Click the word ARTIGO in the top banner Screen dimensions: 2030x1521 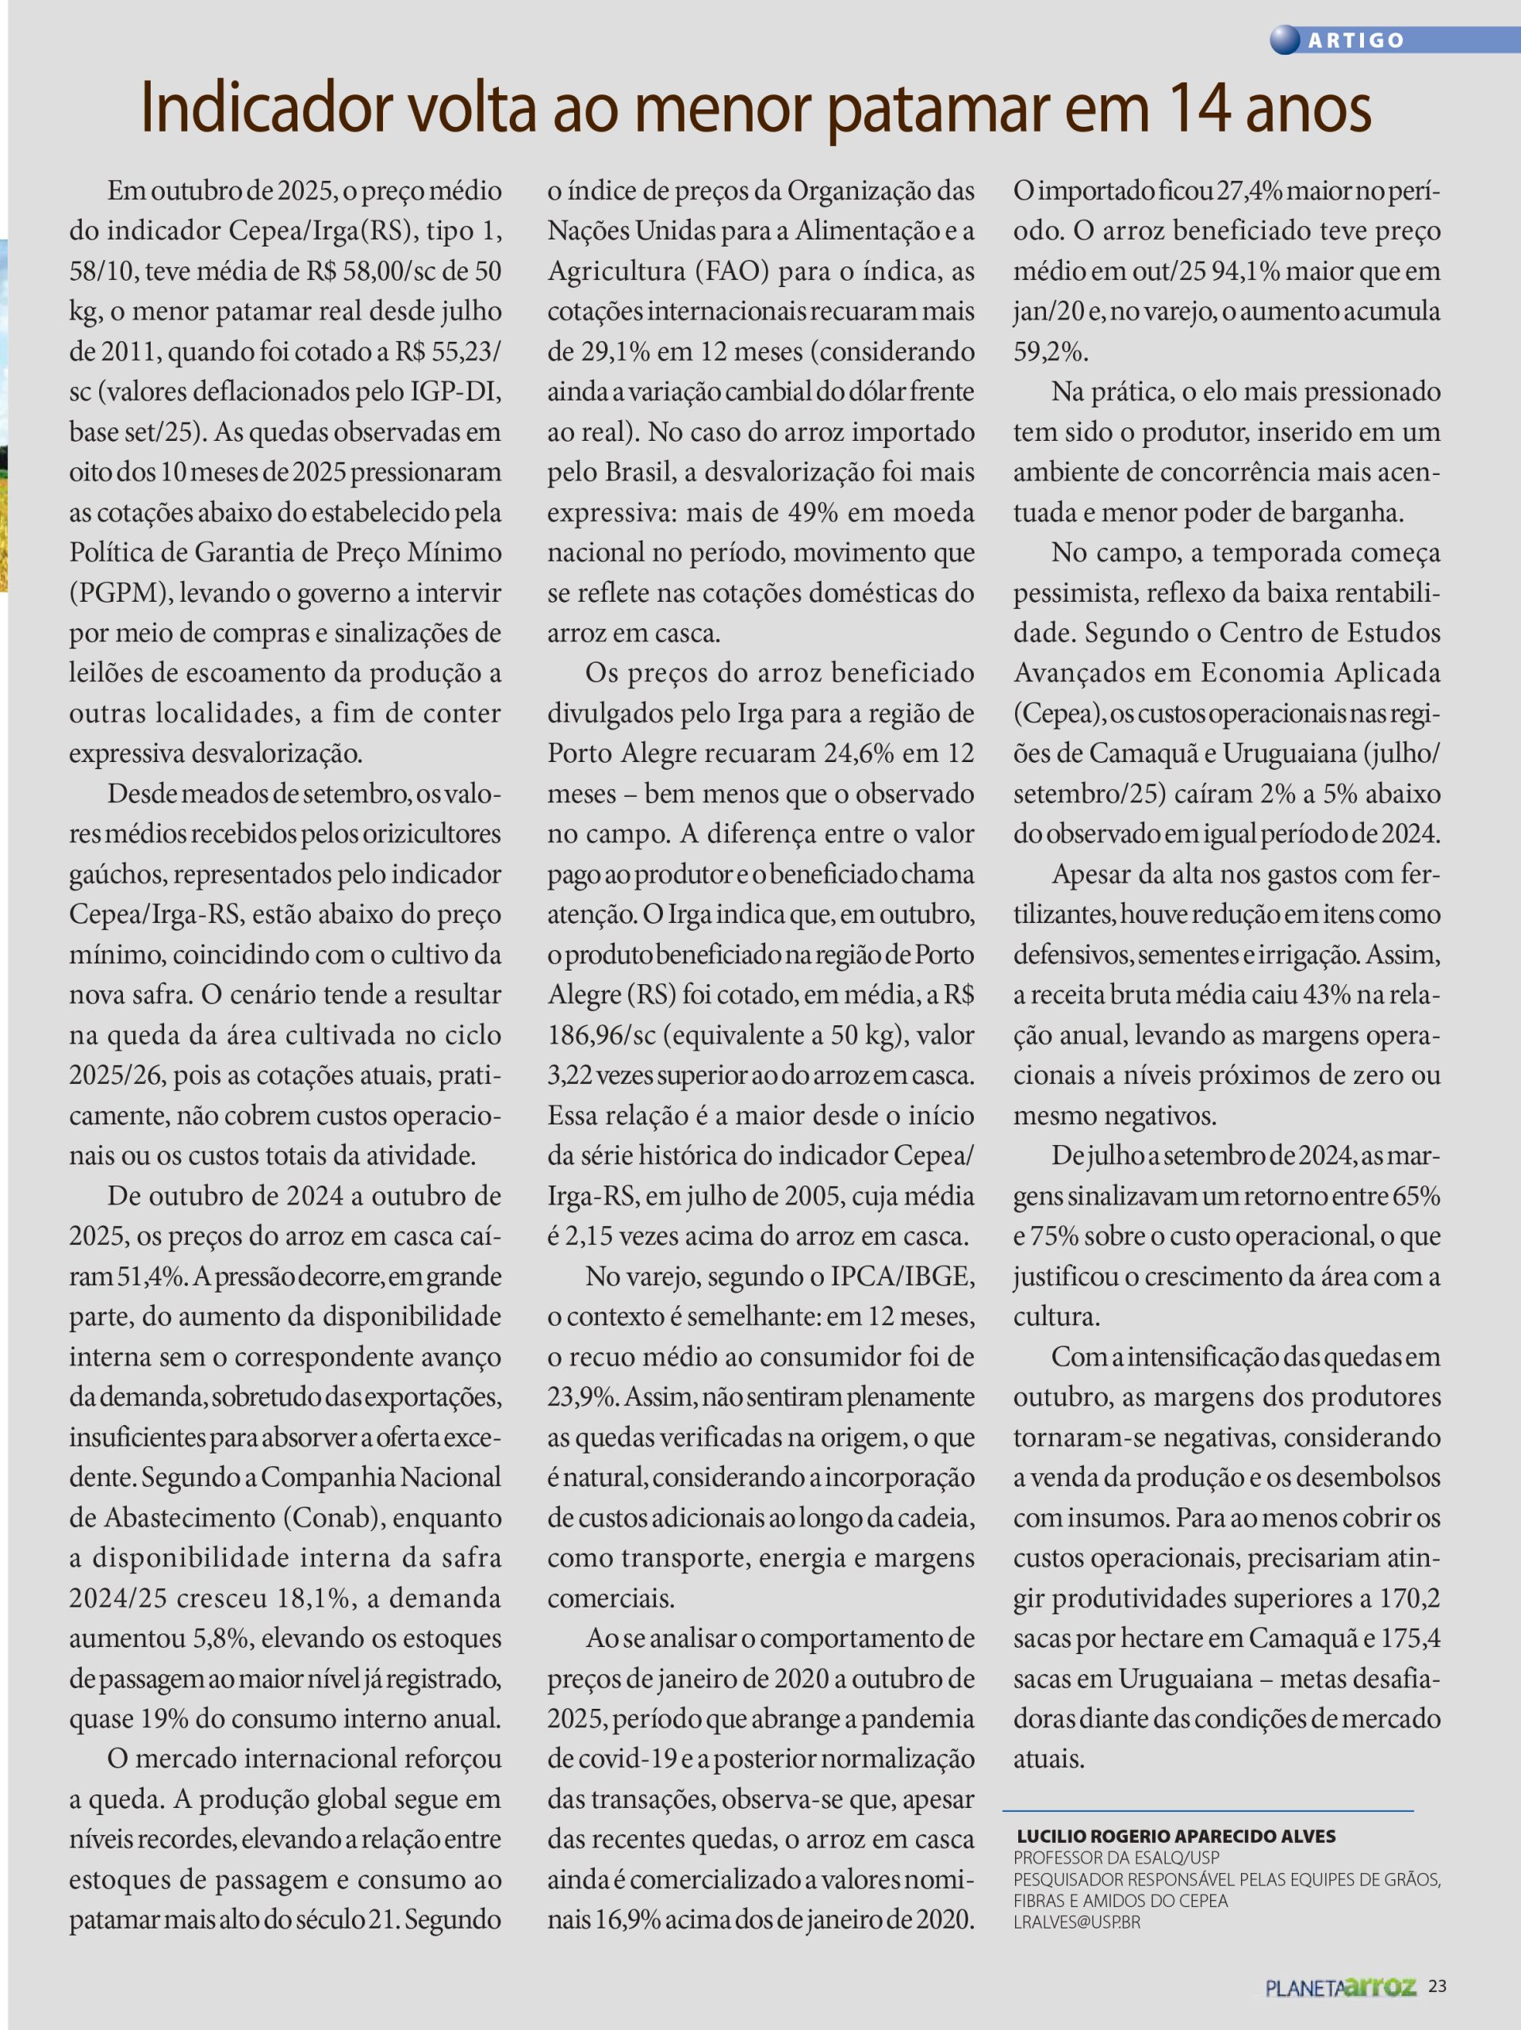tap(1356, 40)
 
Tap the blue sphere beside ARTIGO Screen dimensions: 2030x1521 tap(1285, 40)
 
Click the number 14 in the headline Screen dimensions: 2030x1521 tap(1199, 109)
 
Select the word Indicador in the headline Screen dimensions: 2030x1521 tap(266, 109)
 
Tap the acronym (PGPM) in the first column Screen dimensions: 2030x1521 tap(119, 593)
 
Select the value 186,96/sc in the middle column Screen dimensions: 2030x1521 tap(601, 1035)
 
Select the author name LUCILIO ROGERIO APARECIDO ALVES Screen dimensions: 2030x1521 tap(1176, 1837)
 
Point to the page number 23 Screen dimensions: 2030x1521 tap(1438, 1986)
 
